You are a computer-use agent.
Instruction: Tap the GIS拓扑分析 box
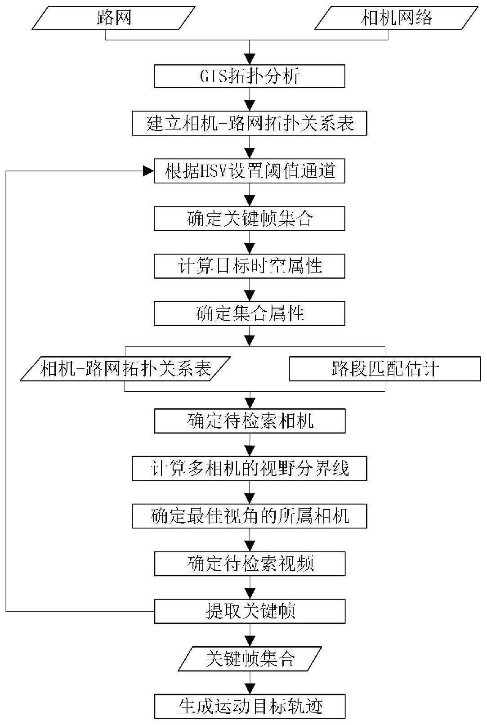click(x=250, y=76)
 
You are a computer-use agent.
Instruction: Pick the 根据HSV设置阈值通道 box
click(x=250, y=171)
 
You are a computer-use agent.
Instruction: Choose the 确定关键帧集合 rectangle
click(x=250, y=219)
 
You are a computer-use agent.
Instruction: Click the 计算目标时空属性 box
click(x=250, y=266)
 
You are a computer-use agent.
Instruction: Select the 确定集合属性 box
click(x=250, y=313)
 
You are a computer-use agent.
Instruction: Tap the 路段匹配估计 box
click(x=384, y=369)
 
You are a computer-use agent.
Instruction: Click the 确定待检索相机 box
click(x=250, y=421)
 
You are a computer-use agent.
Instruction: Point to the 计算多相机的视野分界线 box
click(x=250, y=469)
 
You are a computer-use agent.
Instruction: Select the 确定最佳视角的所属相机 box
click(x=250, y=516)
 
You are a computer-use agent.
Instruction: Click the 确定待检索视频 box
click(x=250, y=564)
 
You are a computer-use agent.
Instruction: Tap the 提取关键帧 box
click(x=250, y=611)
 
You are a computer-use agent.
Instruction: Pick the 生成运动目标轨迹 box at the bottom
click(x=250, y=706)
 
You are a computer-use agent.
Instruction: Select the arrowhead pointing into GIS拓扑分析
click(x=250, y=59)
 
